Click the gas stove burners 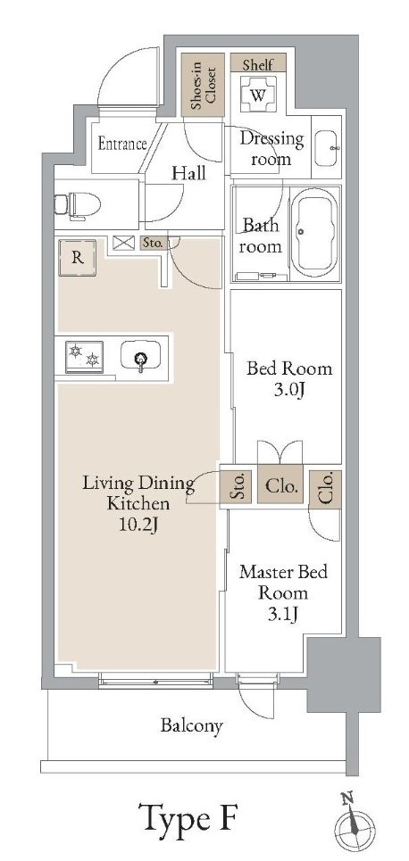[85, 357]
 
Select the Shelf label [258, 64]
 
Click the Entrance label [122, 143]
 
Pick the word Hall [188, 172]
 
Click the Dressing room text [272, 149]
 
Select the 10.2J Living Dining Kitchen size [138, 526]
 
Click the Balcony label [191, 725]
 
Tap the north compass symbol [353, 824]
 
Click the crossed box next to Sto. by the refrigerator [121, 242]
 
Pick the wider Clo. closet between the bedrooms [281, 487]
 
